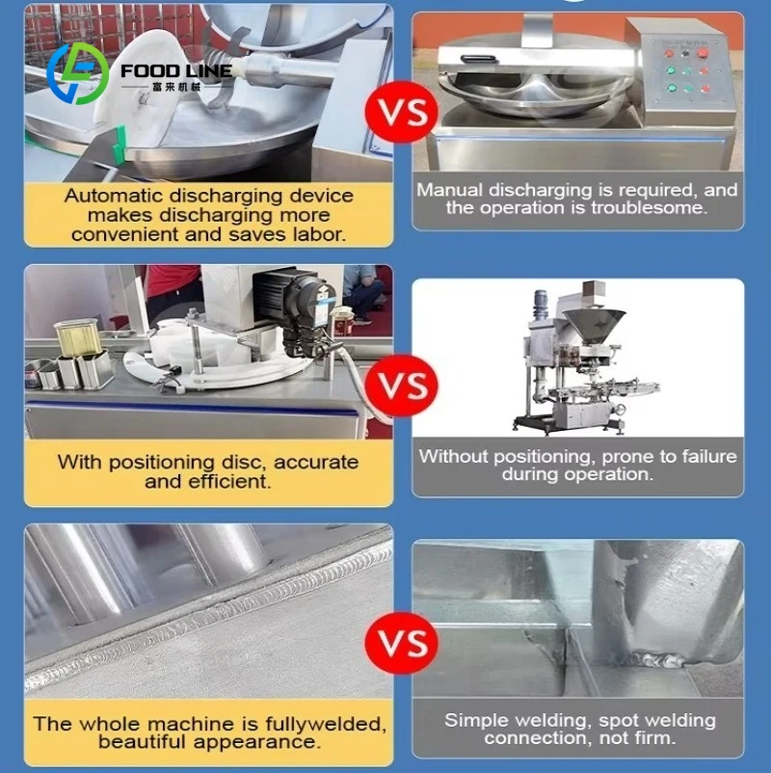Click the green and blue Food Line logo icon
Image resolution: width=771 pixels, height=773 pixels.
(78, 74)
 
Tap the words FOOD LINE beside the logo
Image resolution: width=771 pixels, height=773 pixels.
(176, 71)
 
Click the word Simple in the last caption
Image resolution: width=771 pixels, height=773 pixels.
(476, 720)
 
